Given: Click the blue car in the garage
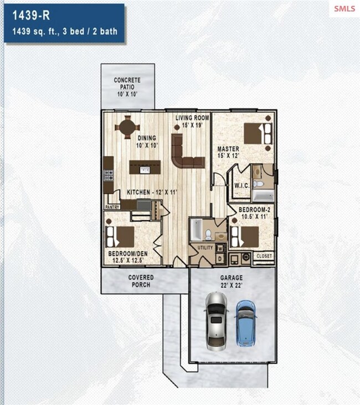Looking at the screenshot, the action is pyautogui.click(x=245, y=323).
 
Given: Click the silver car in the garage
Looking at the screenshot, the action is pyautogui.click(x=217, y=321).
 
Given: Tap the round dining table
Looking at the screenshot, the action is pyautogui.click(x=127, y=127).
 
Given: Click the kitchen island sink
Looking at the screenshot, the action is pyautogui.click(x=145, y=169).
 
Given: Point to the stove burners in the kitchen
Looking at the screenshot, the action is pyautogui.click(x=109, y=175).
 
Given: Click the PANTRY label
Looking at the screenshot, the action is pyautogui.click(x=112, y=207).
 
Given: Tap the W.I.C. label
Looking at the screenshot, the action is pyautogui.click(x=242, y=185).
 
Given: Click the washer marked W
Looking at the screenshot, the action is pyautogui.click(x=220, y=249).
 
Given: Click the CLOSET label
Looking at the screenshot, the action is pyautogui.click(x=264, y=256).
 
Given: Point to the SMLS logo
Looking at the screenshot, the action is pyautogui.click(x=344, y=8).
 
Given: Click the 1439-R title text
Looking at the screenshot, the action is pyautogui.click(x=31, y=15).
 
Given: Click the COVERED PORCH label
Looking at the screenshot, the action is pyautogui.click(x=141, y=281).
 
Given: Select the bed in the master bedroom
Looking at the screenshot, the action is pyautogui.click(x=258, y=133).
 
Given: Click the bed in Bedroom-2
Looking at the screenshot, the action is pyautogui.click(x=245, y=237).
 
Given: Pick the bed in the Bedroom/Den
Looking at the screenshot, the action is pyautogui.click(x=120, y=237).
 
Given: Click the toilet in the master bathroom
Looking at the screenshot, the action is pyautogui.click(x=258, y=184).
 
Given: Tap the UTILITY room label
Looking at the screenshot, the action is pyautogui.click(x=205, y=248).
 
